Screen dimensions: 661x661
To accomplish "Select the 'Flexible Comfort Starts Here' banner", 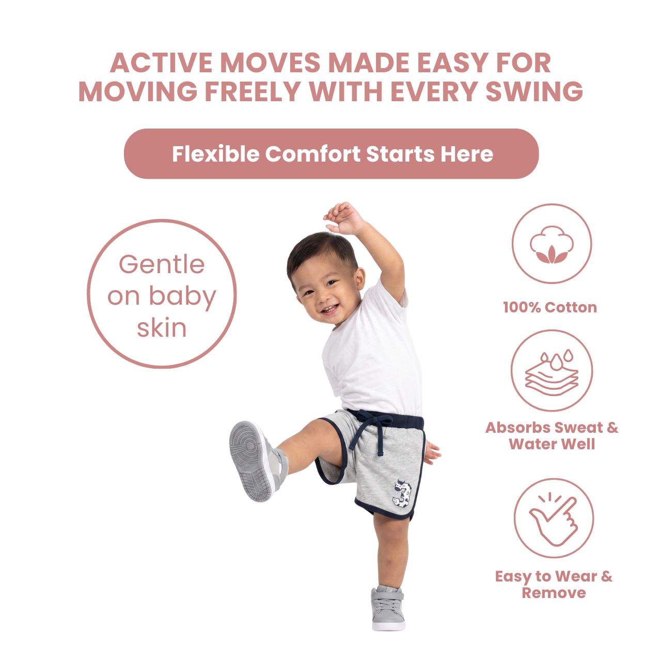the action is coord(331,154).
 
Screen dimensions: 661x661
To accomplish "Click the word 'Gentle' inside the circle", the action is coord(162,264).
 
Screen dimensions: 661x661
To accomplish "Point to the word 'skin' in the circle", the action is coord(162,328).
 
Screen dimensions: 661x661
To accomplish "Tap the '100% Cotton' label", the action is coord(550,307).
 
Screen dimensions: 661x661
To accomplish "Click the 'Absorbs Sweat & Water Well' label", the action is coord(552,436).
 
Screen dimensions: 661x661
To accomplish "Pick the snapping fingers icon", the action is coord(553,519).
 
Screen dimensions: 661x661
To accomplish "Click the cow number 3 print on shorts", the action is coord(402,494).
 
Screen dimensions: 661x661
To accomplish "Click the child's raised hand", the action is coord(343,218).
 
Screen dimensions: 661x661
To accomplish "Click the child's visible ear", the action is coord(359,278).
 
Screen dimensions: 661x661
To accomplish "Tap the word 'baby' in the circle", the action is coord(182,297).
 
